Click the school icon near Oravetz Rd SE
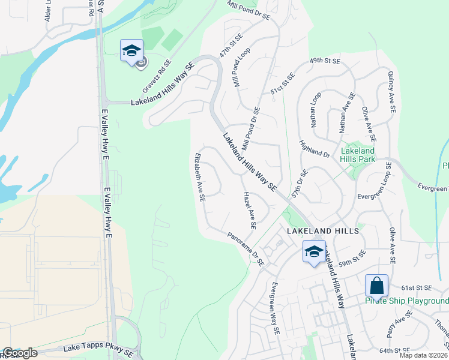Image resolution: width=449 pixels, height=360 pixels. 131,51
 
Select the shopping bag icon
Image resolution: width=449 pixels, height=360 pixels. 376,286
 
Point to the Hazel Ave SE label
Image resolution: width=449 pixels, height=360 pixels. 250,211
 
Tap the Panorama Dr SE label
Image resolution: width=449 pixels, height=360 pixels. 246,249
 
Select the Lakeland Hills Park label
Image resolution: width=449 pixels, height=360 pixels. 358,155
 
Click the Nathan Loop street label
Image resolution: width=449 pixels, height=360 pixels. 316,110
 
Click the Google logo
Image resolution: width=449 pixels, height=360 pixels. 19,353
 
